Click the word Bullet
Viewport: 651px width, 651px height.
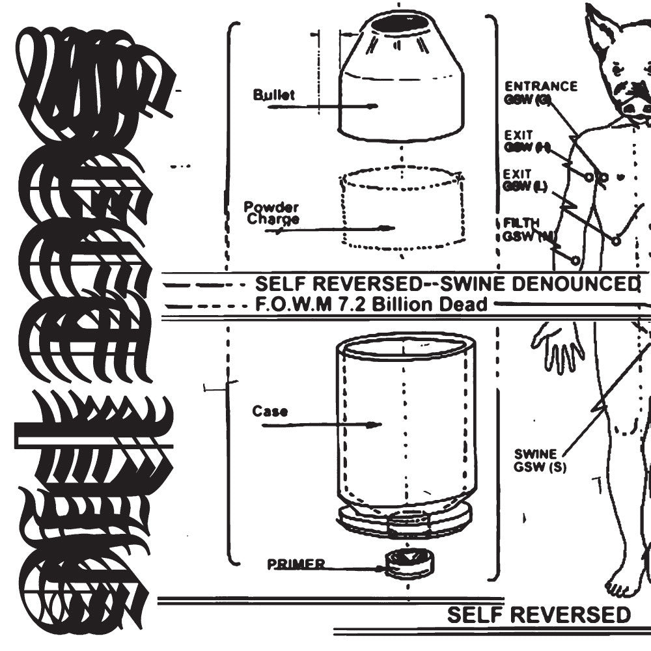[x=273, y=95]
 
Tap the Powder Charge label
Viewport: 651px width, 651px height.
[x=271, y=213]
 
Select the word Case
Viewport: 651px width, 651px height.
[x=270, y=411]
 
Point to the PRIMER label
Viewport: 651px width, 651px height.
[x=296, y=564]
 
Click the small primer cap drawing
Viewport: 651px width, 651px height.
[x=408, y=562]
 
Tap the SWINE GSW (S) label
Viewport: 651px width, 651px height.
[x=535, y=460]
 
